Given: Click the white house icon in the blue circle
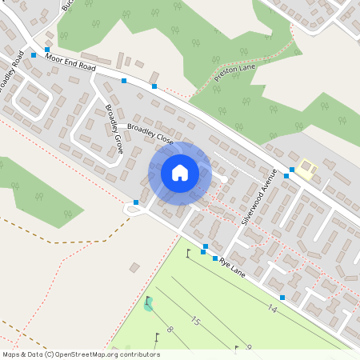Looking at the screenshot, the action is tap(180, 172).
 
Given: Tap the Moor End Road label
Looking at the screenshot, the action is tap(71, 64).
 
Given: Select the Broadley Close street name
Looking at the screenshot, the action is tap(150, 130).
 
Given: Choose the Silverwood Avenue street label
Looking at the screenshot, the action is tap(258, 197).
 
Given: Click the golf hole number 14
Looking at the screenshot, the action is tap(273, 308).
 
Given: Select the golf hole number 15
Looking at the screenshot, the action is tap(194, 321).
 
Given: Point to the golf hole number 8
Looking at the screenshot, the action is tap(170, 330).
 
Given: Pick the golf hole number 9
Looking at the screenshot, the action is tap(249, 347).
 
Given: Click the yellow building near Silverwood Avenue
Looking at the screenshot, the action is tap(307, 169).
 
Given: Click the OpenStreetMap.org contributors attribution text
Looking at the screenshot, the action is tap(104, 354).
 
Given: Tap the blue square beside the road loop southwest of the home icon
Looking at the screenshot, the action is tap(137, 202).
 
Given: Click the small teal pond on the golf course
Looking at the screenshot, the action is tap(148, 305).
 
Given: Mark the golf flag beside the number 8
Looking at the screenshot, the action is tap(156, 335).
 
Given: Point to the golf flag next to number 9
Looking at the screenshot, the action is tap(236, 348).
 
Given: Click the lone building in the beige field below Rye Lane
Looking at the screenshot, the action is tap(134, 266).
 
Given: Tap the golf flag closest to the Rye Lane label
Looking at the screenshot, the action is tap(189, 253).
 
